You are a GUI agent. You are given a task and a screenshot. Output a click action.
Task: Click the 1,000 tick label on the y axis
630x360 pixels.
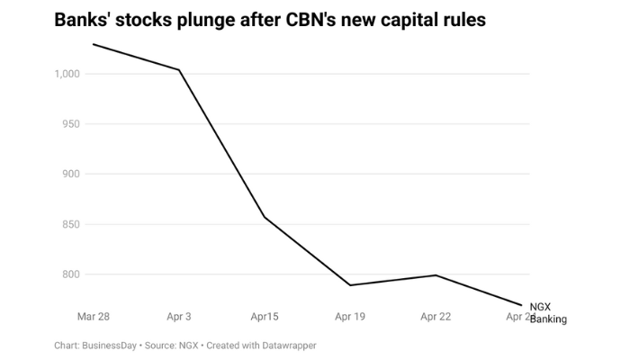68,74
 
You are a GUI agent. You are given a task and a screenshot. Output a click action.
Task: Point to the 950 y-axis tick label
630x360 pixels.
72,124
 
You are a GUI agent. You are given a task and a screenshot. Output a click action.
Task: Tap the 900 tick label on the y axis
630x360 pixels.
72,175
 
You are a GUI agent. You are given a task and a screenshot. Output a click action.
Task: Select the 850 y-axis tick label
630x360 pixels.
72,225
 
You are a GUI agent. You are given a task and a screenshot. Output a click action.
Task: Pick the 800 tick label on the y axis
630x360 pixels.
72,274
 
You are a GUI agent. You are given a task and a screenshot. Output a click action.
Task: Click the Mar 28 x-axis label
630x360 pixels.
94,316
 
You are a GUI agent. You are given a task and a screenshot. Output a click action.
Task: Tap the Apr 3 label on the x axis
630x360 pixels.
179,316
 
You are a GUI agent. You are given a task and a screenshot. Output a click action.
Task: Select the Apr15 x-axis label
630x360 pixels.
265,316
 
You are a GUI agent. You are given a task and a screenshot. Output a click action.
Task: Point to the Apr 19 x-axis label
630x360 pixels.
349,316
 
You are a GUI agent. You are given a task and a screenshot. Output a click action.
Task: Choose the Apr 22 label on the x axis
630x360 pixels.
435,316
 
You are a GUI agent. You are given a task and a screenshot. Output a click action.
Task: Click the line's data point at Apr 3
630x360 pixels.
179,70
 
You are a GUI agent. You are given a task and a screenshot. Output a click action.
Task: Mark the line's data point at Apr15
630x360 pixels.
265,217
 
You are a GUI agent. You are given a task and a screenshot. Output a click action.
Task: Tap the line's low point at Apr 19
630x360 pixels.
349,285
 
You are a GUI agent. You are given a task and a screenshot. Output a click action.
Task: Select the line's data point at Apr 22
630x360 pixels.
435,275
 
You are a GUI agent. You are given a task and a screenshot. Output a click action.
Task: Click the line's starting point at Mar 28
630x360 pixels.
94,44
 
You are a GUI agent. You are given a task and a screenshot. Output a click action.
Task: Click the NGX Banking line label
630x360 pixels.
547,313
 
